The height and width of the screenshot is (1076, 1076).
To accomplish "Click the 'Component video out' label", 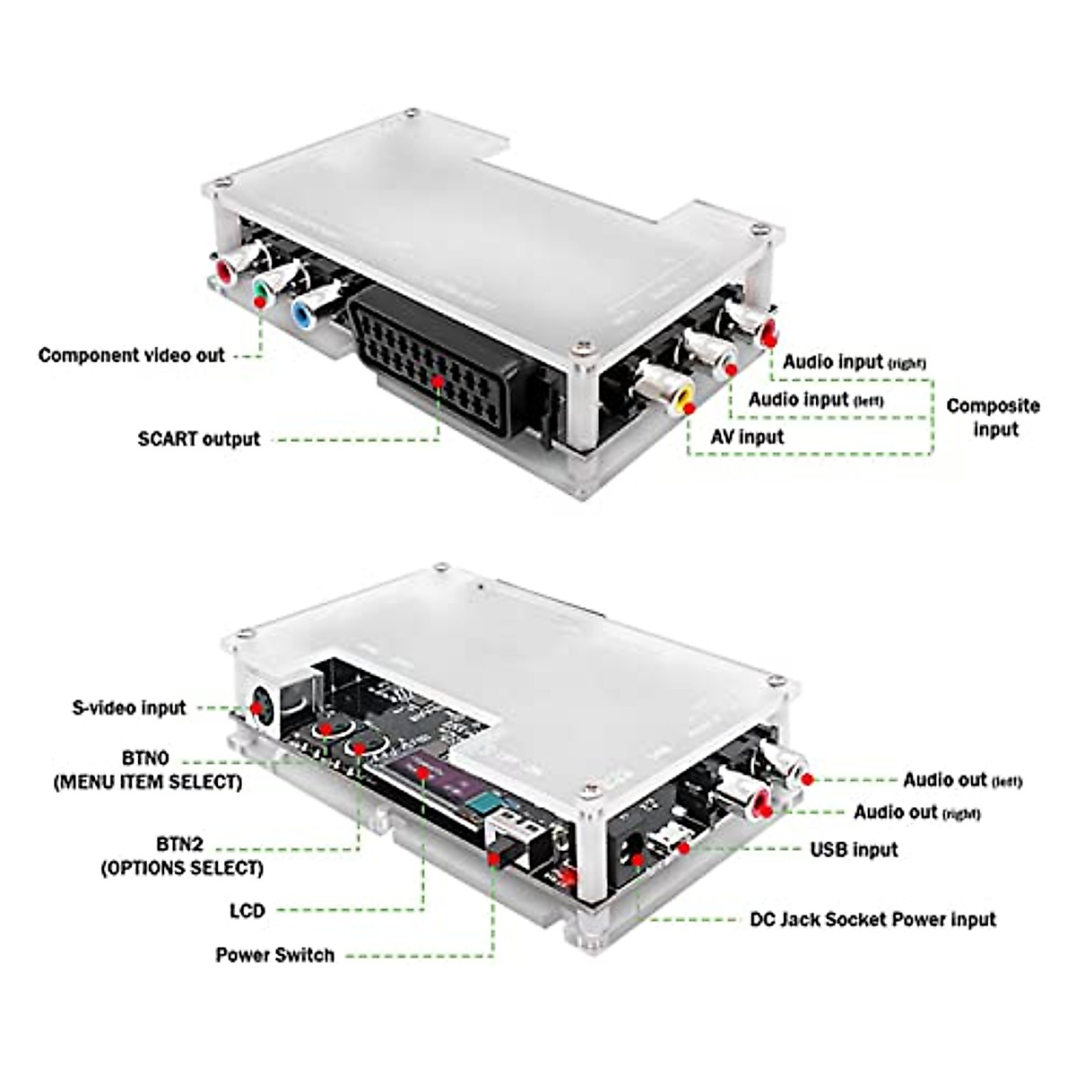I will coord(131,355).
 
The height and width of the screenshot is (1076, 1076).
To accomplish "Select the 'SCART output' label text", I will coord(198,439).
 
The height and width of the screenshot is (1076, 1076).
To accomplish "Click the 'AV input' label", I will coord(746,438).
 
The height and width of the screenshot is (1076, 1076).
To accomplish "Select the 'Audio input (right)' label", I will coord(854,361).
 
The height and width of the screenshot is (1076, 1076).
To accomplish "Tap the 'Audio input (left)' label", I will coord(815,399).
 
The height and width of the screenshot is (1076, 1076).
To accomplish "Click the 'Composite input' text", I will coord(993,417).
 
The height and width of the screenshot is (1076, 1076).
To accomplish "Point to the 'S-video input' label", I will coord(128,707).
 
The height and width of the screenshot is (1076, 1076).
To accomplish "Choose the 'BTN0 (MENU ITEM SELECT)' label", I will coord(147,770).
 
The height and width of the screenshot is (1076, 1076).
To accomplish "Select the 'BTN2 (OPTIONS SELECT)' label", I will coord(181,856).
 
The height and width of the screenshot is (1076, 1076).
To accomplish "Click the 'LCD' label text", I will coord(247,911).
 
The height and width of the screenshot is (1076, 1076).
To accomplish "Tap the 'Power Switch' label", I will coord(274,955).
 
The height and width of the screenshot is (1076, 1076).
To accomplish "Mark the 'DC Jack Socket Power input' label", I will coord(872,920).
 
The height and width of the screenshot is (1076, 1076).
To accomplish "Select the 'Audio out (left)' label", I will coord(961,780).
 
